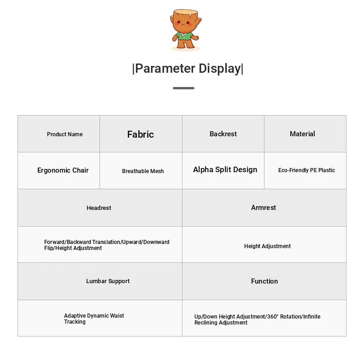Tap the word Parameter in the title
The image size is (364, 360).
165,69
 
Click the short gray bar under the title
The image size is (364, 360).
183,88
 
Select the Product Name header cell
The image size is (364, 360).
59,134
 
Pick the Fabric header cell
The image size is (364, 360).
141,134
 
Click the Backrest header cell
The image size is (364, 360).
223,134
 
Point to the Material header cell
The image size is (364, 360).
305,134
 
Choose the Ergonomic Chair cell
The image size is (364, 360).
59,170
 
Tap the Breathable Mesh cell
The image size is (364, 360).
141,170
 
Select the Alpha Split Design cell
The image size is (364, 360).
223,170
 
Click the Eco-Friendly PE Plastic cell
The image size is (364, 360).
305,170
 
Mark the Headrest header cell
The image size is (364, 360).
100,208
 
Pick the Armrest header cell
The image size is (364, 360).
264,208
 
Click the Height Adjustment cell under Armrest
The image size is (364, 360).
264,244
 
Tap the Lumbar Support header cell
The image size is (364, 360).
100,281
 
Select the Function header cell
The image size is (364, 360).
264,281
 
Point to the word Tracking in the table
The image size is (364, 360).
75,322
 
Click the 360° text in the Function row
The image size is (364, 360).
273,317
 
